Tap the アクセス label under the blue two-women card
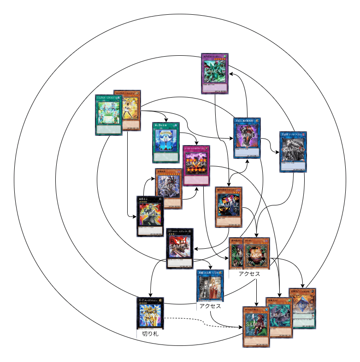210,306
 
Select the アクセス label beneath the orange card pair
249,274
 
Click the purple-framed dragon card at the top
215,74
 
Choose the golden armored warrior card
151,313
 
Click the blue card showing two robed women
210,285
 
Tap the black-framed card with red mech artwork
179,248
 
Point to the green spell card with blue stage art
166,142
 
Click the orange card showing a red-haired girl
228,207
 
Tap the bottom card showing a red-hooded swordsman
255,327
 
